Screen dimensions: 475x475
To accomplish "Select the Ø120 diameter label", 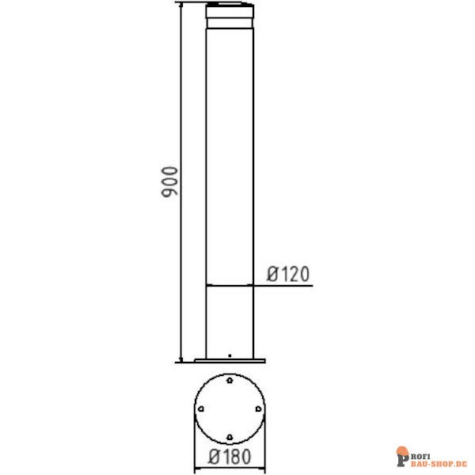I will (x=287, y=274).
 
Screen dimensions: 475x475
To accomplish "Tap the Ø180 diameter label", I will (x=229, y=457).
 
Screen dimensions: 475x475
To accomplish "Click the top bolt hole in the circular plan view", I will (x=230, y=381).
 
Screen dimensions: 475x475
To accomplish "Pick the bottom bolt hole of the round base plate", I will (x=230, y=436).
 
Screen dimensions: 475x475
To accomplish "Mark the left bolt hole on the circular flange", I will (x=202, y=408).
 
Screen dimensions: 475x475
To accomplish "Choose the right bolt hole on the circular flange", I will (x=257, y=408).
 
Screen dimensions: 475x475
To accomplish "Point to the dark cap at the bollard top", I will (x=230, y=12).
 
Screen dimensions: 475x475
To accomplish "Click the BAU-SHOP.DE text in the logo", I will (x=439, y=459).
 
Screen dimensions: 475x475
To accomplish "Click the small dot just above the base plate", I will (x=230, y=355).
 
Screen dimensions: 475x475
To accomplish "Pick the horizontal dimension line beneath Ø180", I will (x=230, y=467).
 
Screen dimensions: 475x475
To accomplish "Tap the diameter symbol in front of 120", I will (x=272, y=274).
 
